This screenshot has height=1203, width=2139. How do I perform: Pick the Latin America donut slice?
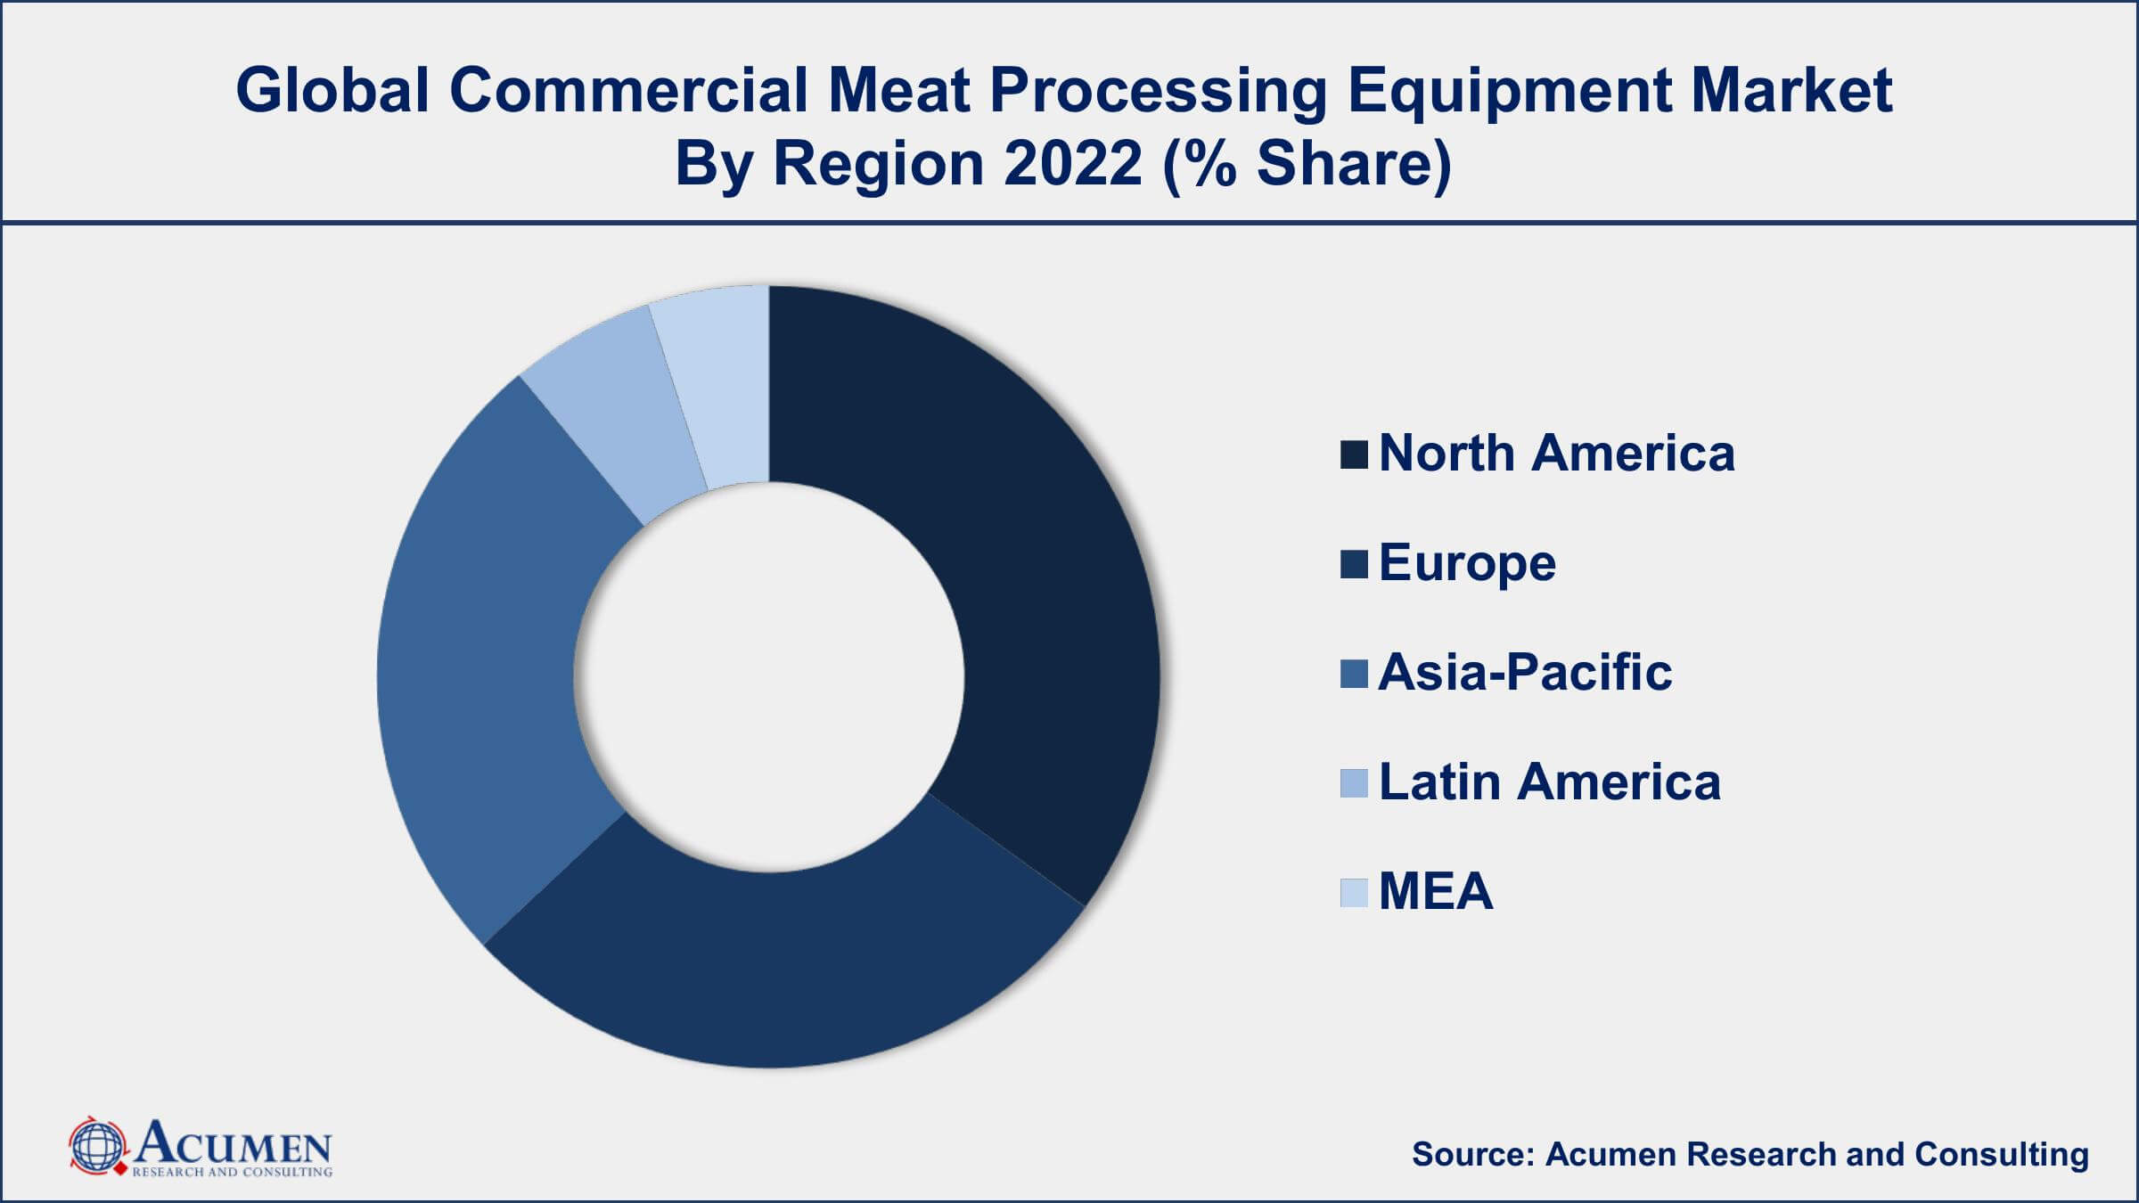[x=615, y=410]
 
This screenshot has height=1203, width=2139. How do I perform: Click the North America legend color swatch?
[x=1353, y=454]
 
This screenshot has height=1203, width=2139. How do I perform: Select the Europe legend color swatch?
[x=1353, y=564]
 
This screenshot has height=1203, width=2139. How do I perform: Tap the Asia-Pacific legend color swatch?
[x=1353, y=674]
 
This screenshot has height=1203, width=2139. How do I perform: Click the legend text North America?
[x=1556, y=453]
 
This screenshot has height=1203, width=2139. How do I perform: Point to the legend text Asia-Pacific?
[x=1525, y=672]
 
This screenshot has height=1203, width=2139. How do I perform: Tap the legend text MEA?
[x=1435, y=891]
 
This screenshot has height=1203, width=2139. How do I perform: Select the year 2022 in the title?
[x=1073, y=164]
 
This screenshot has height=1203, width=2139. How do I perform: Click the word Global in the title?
[x=333, y=90]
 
